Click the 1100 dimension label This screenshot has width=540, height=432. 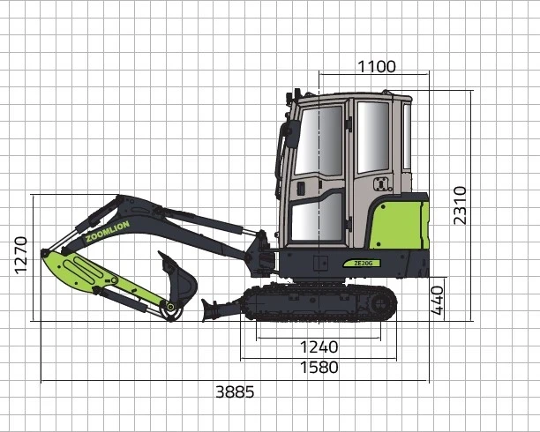point(377,66)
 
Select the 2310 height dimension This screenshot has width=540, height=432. point(460,205)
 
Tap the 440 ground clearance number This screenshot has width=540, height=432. point(438,301)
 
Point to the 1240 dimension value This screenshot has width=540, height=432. point(319,347)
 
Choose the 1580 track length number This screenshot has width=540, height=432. point(319,368)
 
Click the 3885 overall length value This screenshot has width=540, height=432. point(235,391)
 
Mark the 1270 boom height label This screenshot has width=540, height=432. point(21,256)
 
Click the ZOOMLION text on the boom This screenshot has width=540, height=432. point(108,231)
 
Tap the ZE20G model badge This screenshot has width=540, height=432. point(362,264)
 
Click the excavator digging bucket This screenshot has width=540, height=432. point(180,279)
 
